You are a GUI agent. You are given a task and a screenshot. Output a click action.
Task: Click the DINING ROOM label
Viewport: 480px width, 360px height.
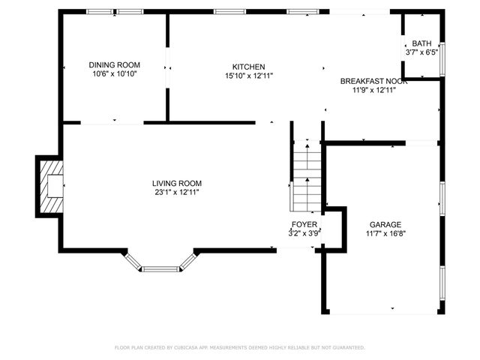pos(115,65)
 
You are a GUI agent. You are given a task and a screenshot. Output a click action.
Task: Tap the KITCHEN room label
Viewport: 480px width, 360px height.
pos(248,67)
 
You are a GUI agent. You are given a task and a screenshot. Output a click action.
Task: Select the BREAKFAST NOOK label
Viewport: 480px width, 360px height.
pos(373,81)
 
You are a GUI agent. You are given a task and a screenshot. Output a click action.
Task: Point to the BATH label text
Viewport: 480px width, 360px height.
pos(421,43)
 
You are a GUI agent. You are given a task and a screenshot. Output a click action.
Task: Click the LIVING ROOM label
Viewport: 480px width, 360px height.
pos(177,183)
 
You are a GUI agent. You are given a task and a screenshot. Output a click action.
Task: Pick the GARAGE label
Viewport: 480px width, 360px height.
pos(385,225)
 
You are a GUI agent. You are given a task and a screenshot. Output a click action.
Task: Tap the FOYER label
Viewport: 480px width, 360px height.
pos(304,224)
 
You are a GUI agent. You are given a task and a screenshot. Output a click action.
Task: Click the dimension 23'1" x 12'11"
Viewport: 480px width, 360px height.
pos(177,192)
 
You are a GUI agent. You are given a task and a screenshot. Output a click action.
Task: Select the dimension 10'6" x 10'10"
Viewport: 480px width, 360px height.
pos(115,73)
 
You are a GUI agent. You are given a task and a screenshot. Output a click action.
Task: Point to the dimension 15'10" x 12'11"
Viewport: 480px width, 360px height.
pos(249,76)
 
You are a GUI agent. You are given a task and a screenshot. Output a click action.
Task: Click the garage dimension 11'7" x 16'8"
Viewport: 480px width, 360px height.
pos(385,233)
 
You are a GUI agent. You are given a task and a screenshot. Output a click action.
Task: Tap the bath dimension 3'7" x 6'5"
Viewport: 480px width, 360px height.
pos(421,52)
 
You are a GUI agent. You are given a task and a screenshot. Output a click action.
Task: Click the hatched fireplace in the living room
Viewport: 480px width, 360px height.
pos(52,187)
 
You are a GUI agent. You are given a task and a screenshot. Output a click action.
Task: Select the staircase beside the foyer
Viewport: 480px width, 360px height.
pos(307,175)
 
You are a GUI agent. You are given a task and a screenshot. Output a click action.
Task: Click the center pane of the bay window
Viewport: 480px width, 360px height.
pos(160,269)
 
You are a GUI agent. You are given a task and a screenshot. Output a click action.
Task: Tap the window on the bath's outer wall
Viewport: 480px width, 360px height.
pos(442,59)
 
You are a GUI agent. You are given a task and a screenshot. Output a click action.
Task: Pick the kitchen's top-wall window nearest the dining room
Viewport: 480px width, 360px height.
pos(229,12)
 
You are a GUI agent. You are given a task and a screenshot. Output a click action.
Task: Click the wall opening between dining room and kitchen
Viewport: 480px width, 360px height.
pos(167,67)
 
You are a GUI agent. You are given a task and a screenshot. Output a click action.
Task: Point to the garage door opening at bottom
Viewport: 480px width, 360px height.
pos(383,312)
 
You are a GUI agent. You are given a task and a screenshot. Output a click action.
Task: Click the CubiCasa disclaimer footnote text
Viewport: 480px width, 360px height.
pos(240,347)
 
